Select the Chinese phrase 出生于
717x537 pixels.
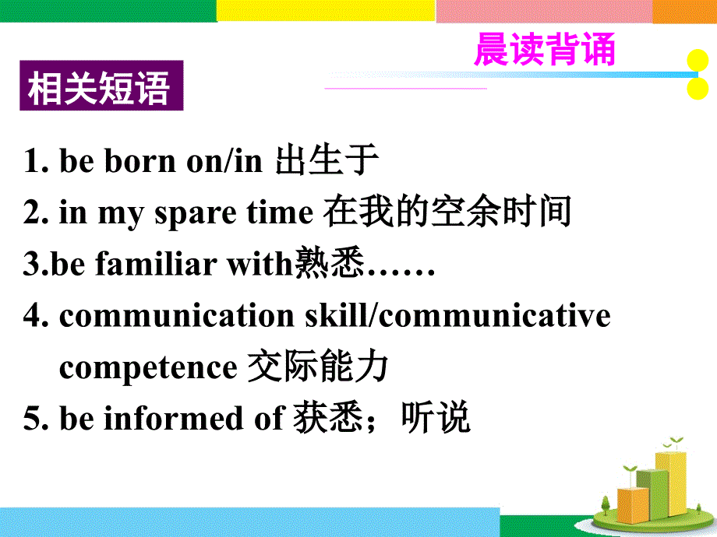coord(327,161)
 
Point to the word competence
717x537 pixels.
coord(147,367)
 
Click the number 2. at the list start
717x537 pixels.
coord(37,213)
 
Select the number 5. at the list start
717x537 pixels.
coord(37,419)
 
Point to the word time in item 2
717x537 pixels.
coord(279,213)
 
